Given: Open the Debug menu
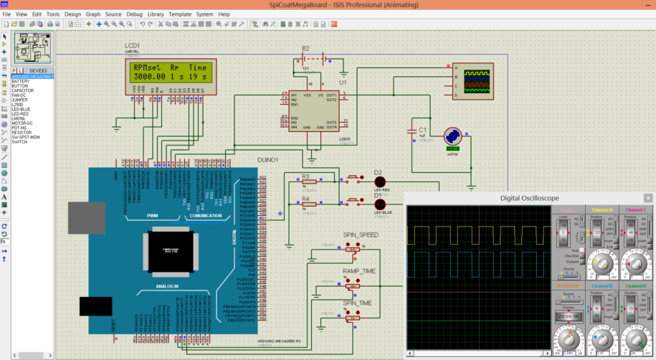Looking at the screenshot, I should pyautogui.click(x=134, y=14).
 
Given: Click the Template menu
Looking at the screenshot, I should pyautogui.click(x=180, y=14).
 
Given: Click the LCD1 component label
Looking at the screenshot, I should pyautogui.click(x=132, y=45).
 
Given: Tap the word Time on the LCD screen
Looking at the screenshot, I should pyautogui.click(x=197, y=67).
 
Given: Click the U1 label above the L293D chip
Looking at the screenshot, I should pyautogui.click(x=343, y=82).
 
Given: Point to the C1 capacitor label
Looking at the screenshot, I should pyautogui.click(x=423, y=129).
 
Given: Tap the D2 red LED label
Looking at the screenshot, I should pyautogui.click(x=379, y=172).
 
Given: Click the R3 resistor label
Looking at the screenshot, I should pyautogui.click(x=305, y=176).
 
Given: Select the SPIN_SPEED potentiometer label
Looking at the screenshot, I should pyautogui.click(x=360, y=235).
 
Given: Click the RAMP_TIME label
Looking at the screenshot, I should pyautogui.click(x=359, y=270).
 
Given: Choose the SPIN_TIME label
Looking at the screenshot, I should pyautogui.click(x=357, y=303).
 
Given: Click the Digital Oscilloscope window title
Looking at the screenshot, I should pyautogui.click(x=529, y=198).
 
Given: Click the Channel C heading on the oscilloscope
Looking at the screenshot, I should pyautogui.click(x=635, y=209).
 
